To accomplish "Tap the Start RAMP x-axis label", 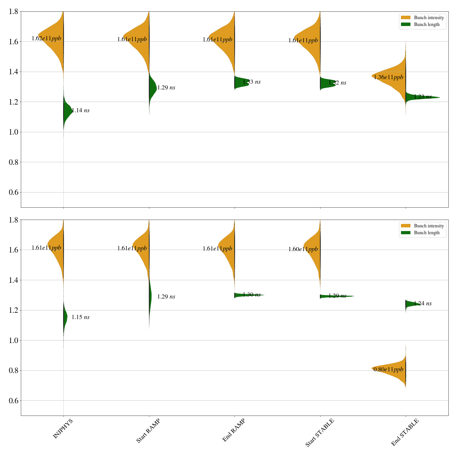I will click(148, 431).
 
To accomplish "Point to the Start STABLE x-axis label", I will click(320, 433).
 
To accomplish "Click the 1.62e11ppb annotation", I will click(46, 39).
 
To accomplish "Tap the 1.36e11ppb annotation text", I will click(388, 77).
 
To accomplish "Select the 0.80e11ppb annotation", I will click(388, 370).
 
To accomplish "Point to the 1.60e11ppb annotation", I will click(303, 249).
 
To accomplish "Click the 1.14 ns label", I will click(81, 111).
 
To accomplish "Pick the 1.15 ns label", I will click(81, 317).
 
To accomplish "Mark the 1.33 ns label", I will click(252, 82).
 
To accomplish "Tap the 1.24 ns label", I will click(423, 304).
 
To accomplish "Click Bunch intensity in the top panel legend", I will click(429, 18).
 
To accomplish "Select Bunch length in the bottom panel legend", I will click(427, 233).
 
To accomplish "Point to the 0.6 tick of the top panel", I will click(14, 192).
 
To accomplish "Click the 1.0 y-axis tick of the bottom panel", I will click(14, 340).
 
